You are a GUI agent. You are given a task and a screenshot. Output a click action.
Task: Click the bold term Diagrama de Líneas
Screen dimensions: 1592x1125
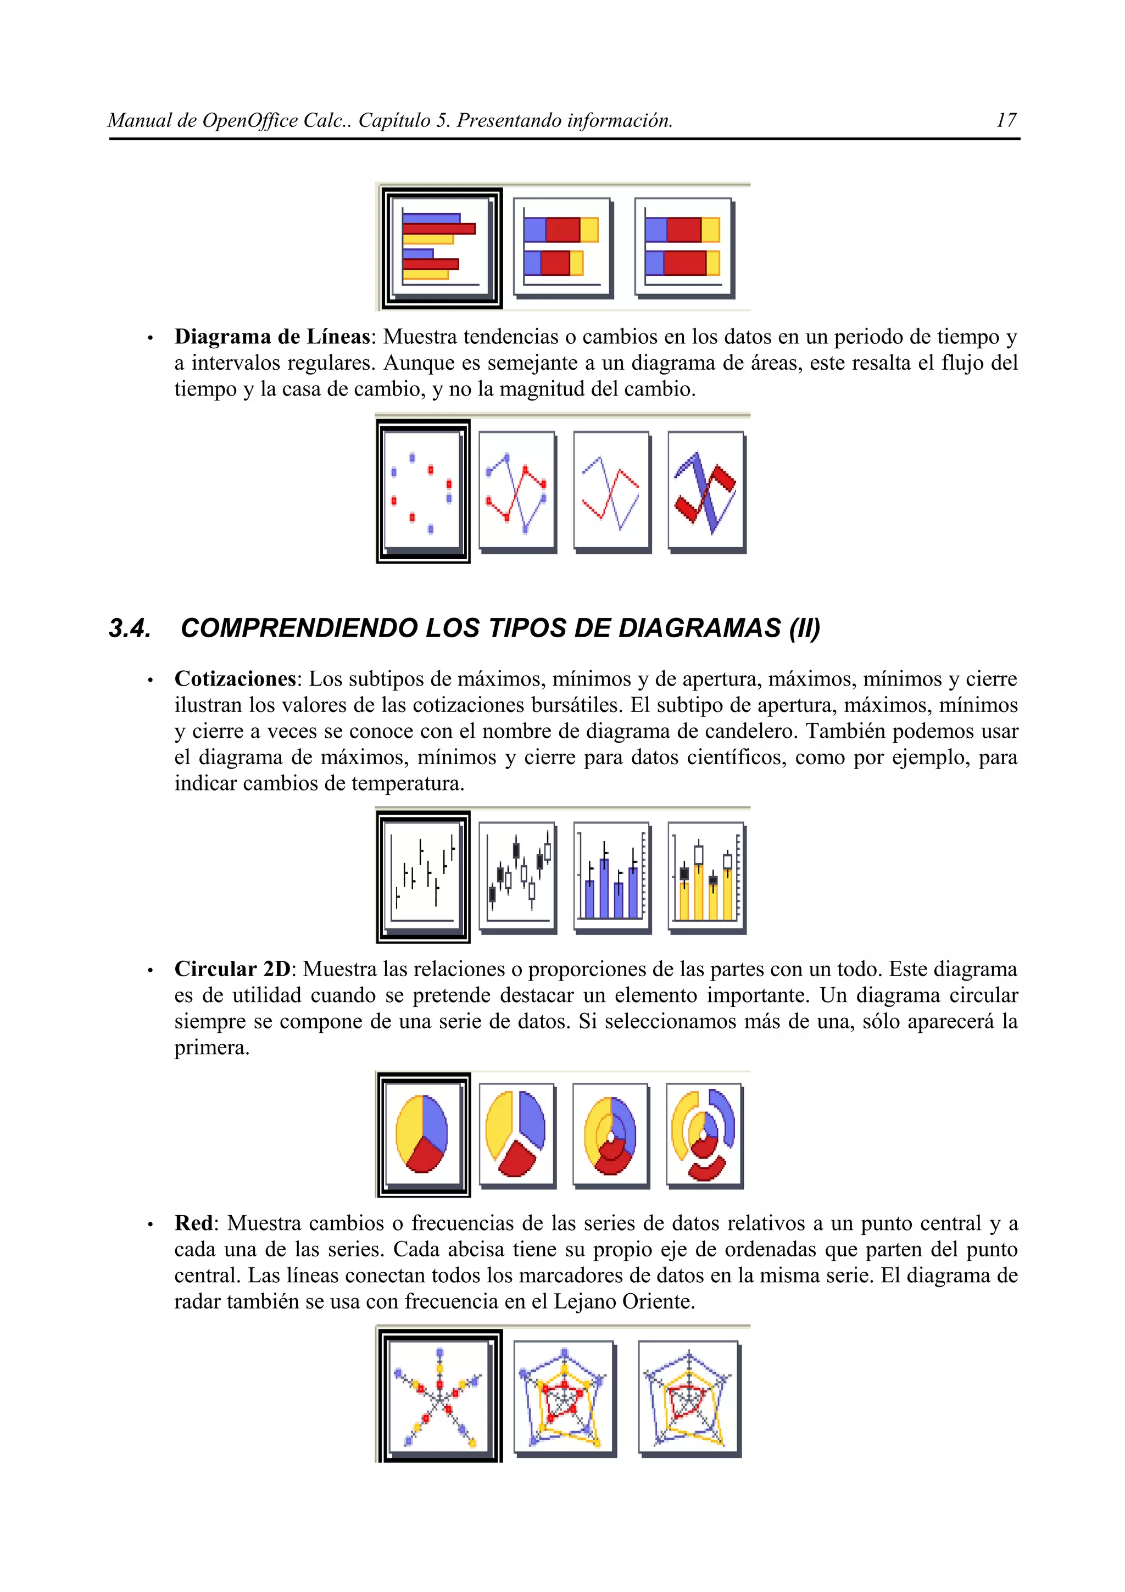click(272, 337)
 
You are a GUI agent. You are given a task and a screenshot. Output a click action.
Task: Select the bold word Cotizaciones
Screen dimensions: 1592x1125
click(235, 679)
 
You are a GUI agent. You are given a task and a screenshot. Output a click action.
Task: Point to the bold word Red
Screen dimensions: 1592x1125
click(193, 1223)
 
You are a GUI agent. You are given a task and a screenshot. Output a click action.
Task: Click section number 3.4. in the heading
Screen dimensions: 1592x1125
click(130, 628)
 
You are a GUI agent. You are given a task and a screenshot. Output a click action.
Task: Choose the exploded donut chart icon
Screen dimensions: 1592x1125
click(704, 1134)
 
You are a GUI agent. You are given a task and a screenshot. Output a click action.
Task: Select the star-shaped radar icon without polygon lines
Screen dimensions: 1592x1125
click(439, 1396)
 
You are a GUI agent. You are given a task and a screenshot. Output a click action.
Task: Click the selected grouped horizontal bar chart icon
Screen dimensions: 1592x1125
click(441, 248)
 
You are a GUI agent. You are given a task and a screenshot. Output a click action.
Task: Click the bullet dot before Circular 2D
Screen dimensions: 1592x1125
click(150, 971)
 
